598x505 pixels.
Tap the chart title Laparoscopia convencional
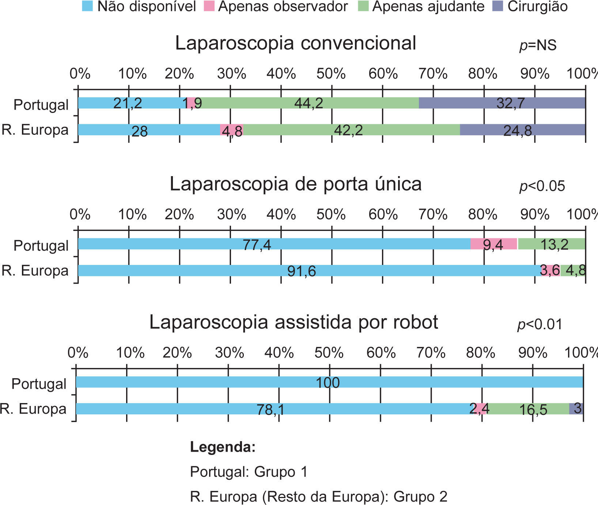click(x=295, y=43)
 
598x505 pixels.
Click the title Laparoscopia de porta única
click(x=295, y=184)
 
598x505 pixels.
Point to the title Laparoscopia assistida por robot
click(x=294, y=322)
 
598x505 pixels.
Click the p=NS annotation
click(x=538, y=45)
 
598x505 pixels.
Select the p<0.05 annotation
click(x=542, y=186)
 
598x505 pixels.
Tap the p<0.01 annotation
click(x=540, y=324)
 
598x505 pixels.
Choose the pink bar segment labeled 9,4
click(x=493, y=244)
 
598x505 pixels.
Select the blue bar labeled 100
click(x=329, y=382)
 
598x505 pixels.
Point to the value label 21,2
click(x=128, y=103)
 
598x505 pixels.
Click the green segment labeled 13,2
click(x=551, y=244)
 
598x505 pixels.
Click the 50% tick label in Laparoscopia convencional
click(x=331, y=74)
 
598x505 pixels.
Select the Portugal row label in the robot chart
click(x=39, y=384)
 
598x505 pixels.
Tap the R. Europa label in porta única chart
click(x=35, y=271)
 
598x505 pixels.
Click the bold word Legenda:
click(x=223, y=447)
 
